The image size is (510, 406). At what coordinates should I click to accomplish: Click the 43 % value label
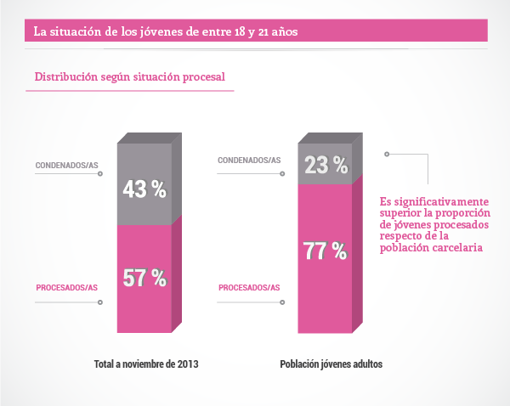pos(144,189)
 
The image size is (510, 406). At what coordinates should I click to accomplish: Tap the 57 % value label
pos(144,279)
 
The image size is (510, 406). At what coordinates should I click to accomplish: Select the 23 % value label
pos(326,166)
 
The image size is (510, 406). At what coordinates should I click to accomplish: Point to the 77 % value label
pos(326,251)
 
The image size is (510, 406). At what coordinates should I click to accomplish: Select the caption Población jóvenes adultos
pos(331,364)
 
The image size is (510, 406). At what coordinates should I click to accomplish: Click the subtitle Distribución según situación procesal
pos(129,77)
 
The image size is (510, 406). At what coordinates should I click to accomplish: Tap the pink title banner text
pos(165,31)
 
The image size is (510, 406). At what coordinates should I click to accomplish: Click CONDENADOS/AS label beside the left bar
pos(66,165)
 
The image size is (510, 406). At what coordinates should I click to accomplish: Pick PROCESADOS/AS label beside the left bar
pos(67,288)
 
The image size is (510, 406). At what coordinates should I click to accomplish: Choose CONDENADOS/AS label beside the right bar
pos(249,160)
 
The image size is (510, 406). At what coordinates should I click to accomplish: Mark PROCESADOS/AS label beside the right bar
pos(249,288)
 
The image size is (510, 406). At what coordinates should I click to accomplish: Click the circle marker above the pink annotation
pos(387,155)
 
